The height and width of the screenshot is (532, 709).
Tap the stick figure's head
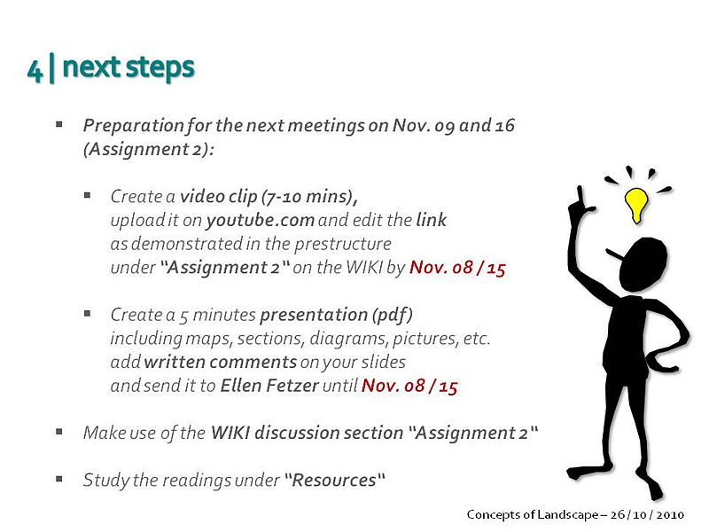643,264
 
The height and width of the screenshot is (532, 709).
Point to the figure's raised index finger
580,195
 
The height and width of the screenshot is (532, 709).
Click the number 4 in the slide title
35,70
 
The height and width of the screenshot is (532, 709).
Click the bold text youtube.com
260,220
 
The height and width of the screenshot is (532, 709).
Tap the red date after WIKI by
457,268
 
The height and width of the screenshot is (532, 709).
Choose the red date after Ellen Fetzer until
409,386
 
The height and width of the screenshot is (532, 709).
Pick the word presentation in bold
314,315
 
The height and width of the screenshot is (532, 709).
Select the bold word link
432,220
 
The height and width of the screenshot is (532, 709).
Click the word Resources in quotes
334,480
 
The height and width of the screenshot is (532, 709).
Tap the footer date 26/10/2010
647,514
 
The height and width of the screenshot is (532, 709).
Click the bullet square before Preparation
59,124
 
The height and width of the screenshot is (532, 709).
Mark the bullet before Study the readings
59,479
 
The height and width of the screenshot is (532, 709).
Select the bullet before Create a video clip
87,195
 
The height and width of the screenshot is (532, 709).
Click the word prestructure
343,245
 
